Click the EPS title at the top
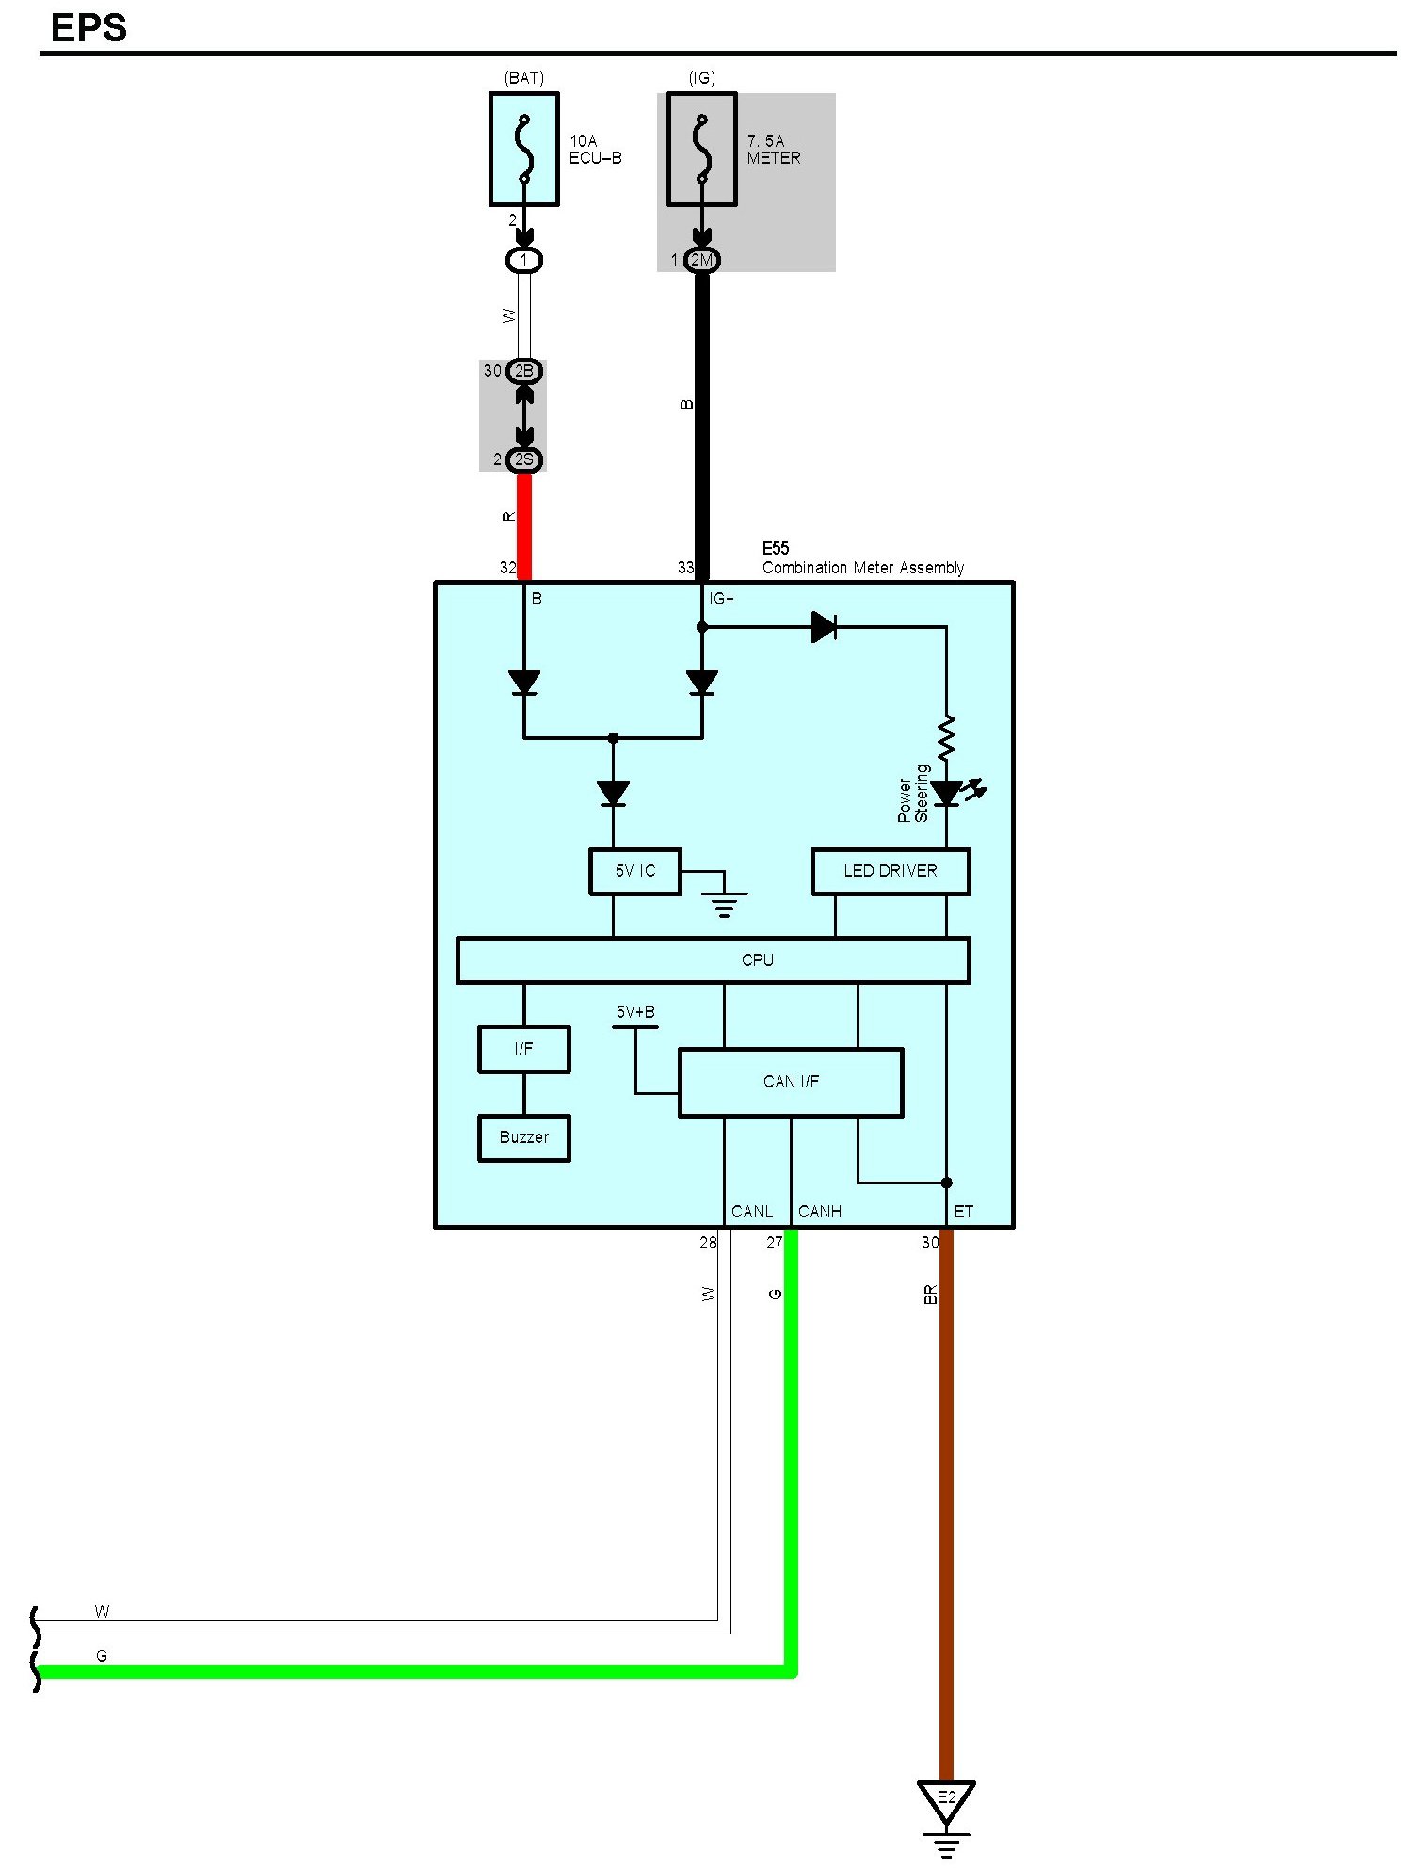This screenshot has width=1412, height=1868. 88,28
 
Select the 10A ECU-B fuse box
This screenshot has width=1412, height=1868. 524,149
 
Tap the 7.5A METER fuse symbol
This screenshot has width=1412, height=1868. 701,149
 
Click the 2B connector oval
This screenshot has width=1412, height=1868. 524,371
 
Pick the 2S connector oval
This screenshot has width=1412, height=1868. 524,459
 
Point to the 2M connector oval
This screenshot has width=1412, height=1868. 701,260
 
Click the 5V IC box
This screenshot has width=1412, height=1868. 635,871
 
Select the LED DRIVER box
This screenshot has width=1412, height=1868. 891,871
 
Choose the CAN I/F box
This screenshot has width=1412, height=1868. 791,1082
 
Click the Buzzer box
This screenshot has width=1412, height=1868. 524,1137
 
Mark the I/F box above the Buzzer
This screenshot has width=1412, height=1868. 524,1049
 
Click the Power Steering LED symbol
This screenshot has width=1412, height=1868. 947,794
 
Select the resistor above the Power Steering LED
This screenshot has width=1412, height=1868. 946,737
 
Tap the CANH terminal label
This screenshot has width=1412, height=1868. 819,1212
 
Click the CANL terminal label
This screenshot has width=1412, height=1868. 752,1212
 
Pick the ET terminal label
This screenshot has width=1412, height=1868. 963,1212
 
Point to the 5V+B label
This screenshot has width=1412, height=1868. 635,1012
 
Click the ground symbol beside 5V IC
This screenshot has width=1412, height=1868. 724,902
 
